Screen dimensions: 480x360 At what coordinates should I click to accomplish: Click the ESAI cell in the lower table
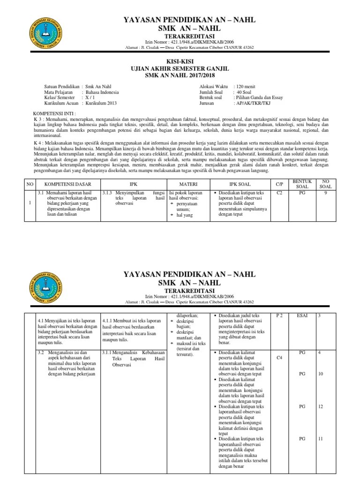tap(302, 316)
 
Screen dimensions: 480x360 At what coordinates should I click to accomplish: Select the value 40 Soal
tap(243, 92)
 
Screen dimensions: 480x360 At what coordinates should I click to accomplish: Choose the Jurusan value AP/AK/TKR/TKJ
tap(256, 104)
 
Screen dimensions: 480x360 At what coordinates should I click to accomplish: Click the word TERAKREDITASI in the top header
tap(180, 37)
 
